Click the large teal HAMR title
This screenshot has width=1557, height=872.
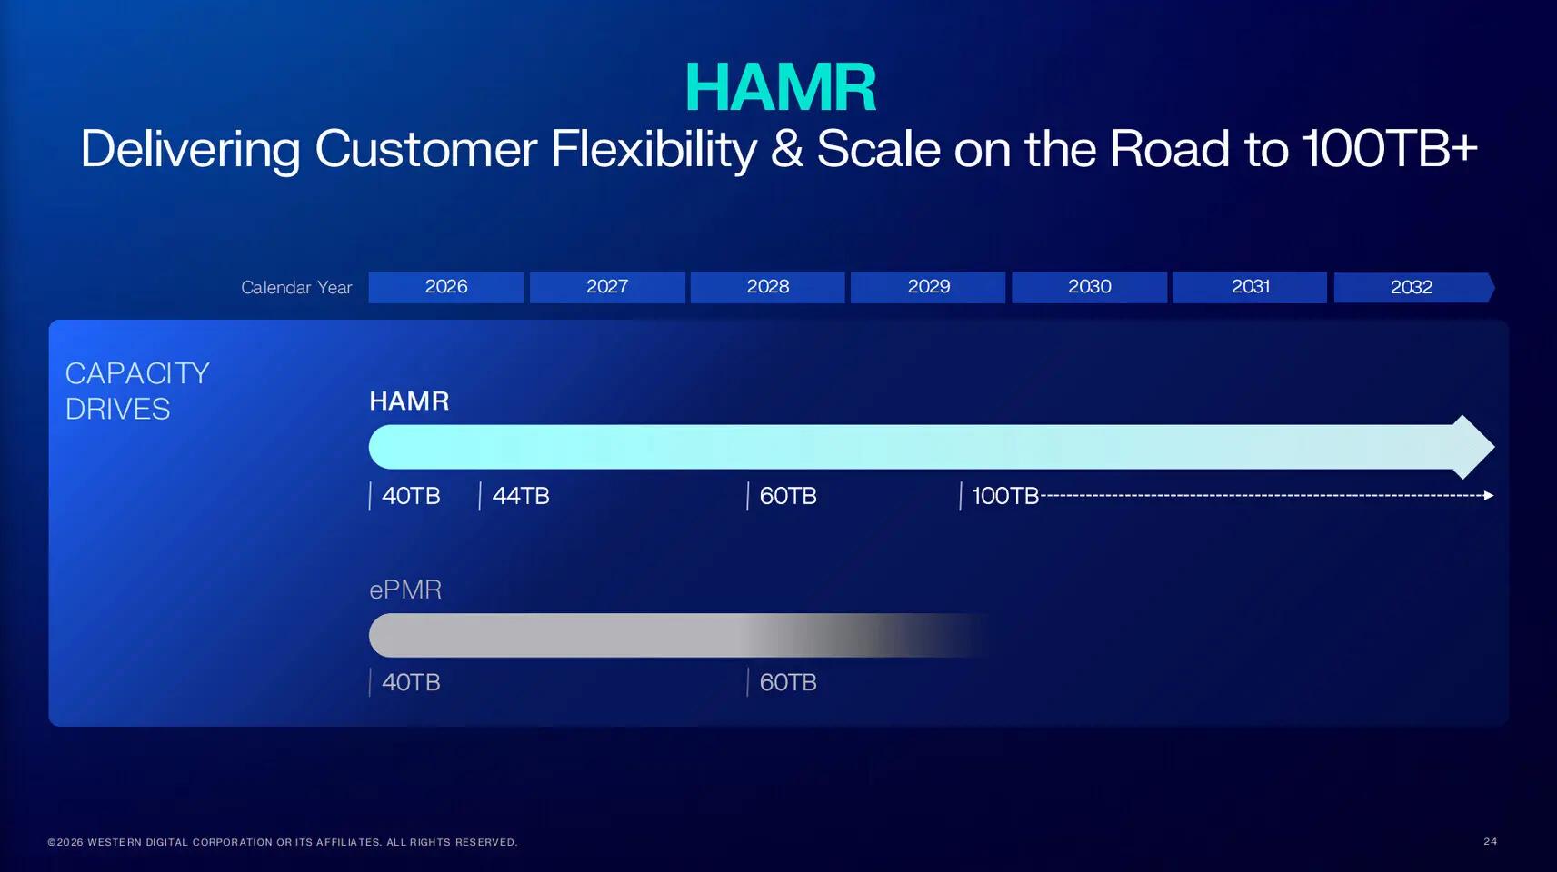pos(781,87)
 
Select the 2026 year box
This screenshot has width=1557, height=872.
pos(445,287)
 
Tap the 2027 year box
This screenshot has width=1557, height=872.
pos(607,287)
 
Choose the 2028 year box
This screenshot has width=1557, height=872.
pos(767,287)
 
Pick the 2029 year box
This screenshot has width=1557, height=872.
pos(928,287)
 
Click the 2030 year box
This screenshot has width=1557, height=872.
pos(1089,287)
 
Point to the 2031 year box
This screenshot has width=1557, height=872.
pos(1250,287)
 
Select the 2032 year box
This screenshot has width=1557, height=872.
pos(1413,287)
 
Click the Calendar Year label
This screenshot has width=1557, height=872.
pos(297,288)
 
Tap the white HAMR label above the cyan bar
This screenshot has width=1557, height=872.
pos(409,401)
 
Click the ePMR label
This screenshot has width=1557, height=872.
pos(405,590)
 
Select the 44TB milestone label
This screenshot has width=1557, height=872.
pos(521,496)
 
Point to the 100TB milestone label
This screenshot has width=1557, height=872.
pos(1005,496)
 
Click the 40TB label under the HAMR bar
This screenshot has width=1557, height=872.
pos(411,496)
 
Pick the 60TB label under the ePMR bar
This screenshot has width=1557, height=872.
pos(788,682)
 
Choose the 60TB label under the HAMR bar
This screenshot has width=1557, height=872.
pos(788,496)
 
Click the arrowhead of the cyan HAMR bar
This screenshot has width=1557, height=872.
pos(1472,447)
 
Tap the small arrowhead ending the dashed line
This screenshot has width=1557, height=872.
pos(1489,495)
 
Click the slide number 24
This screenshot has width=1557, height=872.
pos(1491,841)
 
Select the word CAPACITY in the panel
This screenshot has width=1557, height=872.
pos(137,374)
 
